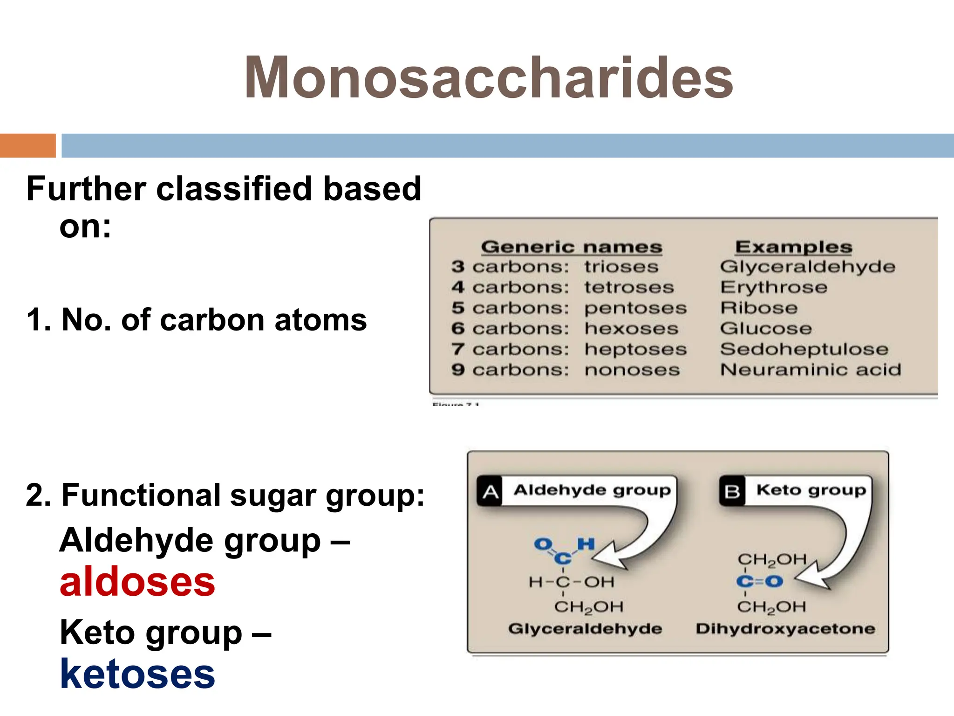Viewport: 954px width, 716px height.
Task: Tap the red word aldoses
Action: [137, 583]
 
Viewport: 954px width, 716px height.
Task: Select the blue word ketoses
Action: [137, 674]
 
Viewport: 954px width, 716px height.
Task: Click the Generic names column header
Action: [572, 247]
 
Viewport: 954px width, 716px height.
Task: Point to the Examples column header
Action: [793, 247]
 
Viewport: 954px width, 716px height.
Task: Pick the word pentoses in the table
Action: [635, 308]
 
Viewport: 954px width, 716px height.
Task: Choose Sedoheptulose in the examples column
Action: [804, 349]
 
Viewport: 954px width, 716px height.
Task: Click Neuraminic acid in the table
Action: [811, 370]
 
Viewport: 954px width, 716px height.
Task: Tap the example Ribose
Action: [759, 308]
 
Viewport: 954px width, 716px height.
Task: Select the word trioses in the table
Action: [621, 267]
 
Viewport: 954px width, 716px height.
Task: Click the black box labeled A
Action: [490, 491]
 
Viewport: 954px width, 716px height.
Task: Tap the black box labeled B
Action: [732, 491]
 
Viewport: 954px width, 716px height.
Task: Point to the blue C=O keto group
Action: [760, 581]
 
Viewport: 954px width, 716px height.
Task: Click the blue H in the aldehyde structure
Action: [586, 544]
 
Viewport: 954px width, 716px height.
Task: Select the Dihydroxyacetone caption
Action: [785, 629]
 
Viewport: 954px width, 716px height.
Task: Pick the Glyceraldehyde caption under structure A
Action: [585, 629]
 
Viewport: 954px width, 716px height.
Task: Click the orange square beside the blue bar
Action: [27, 145]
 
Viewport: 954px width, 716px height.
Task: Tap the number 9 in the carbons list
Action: [458, 370]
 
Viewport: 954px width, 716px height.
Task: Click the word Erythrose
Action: [774, 288]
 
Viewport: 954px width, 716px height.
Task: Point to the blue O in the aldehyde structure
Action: [543, 544]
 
